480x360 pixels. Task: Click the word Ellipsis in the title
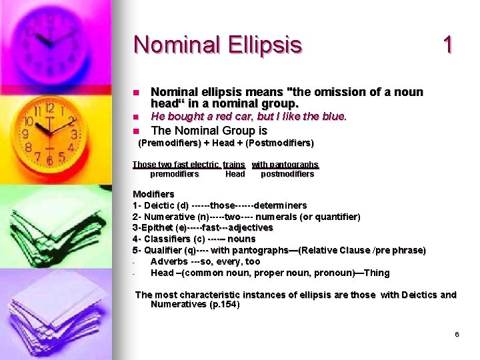pos(263,45)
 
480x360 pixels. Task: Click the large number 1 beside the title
pos(448,45)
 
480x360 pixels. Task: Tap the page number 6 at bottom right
pos(457,334)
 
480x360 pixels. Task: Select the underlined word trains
pos(234,164)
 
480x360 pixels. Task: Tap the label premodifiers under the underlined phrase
pos(174,174)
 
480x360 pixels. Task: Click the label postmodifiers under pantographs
pos(287,174)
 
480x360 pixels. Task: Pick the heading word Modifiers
pos(153,194)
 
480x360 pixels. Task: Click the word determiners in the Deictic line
pos(282,205)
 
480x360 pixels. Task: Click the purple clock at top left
pos(50,37)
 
